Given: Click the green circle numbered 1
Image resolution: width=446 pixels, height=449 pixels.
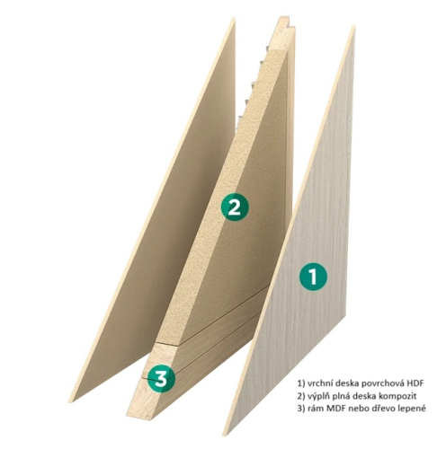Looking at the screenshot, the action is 313,277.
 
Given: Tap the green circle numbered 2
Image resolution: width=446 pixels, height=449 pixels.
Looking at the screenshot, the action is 234,207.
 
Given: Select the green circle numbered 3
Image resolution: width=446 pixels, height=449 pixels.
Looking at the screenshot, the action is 161,378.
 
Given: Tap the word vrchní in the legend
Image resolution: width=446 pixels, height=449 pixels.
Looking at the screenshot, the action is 317,383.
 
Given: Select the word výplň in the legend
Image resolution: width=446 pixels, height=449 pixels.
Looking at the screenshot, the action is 317,396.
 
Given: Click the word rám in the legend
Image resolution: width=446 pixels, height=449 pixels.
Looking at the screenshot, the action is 314,409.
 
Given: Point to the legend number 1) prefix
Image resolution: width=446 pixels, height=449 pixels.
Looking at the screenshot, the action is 300,383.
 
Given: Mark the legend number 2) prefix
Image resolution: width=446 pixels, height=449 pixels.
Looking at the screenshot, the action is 300,396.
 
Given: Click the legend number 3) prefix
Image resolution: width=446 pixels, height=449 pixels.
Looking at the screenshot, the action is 300,409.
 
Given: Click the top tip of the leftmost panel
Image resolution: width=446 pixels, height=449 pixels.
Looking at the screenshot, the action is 234,19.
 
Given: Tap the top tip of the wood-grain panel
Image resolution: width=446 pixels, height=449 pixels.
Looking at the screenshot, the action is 354,26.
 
